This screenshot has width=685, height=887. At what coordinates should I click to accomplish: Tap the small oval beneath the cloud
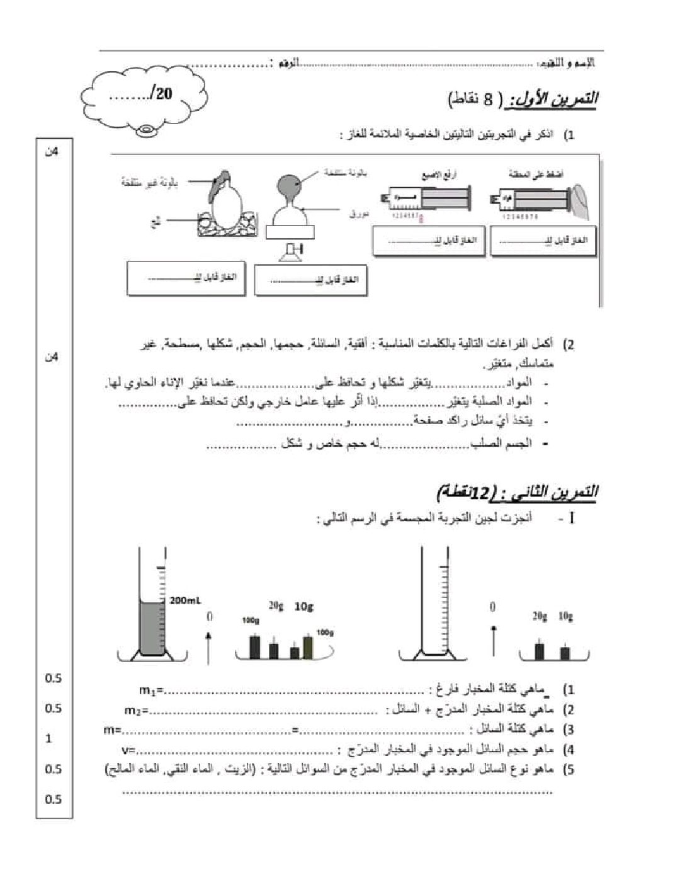tap(148, 131)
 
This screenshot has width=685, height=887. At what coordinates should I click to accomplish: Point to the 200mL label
tap(184, 600)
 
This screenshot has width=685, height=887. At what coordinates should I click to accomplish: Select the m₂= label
tap(137, 711)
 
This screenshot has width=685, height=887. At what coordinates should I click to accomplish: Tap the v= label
tap(130, 751)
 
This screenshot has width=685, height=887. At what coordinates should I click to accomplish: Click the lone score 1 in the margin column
tap(49, 738)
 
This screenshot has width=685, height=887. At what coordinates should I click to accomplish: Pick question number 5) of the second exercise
tap(568, 770)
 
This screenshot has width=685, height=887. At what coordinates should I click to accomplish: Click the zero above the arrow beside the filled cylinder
tap(210, 615)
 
